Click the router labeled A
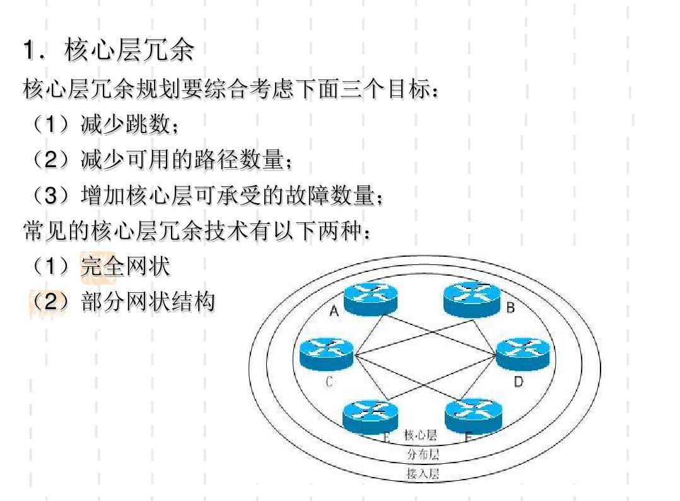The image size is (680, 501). (371, 297)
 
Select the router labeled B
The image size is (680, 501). (471, 297)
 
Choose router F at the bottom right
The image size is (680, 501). (473, 415)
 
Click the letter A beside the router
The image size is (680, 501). (334, 311)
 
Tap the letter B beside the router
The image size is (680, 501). (510, 308)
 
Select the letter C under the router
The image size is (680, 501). (329, 382)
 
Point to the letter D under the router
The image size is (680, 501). (518, 382)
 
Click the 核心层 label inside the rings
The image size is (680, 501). (421, 435)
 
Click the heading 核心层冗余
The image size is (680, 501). (129, 51)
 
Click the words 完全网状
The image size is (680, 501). (126, 267)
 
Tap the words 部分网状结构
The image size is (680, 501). (148, 302)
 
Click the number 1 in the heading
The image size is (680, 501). (28, 52)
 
